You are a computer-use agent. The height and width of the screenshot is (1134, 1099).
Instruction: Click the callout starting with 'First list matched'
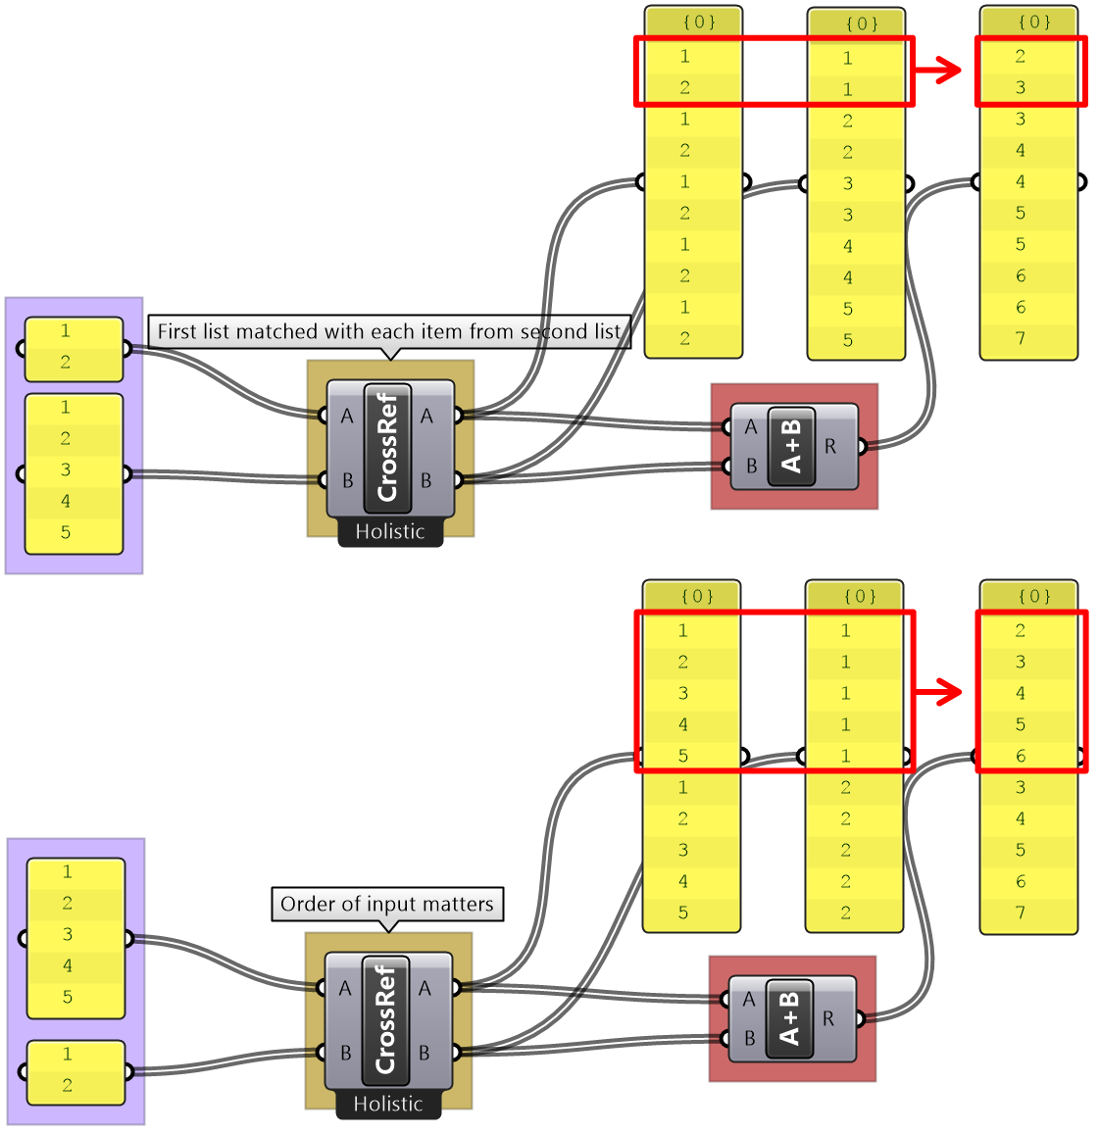pyautogui.click(x=388, y=331)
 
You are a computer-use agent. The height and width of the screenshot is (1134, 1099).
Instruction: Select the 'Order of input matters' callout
pyautogui.click(x=387, y=904)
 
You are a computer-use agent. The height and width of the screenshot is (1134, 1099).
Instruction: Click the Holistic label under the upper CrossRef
pyautogui.click(x=390, y=531)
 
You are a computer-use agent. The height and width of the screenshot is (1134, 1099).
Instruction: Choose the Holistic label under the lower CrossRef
pyautogui.click(x=388, y=1104)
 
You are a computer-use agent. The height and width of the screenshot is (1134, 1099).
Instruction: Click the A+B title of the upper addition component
pyautogui.click(x=792, y=446)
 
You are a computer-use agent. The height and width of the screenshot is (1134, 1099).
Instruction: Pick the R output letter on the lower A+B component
pyautogui.click(x=828, y=1019)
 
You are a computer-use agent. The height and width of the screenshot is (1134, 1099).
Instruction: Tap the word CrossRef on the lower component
pyautogui.click(x=384, y=1019)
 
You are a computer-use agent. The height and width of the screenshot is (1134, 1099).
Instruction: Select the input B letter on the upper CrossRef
pyautogui.click(x=347, y=480)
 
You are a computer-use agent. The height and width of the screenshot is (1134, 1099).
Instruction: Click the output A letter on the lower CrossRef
pyautogui.click(x=425, y=988)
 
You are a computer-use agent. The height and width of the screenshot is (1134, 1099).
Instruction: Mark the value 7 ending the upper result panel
pyautogui.click(x=1021, y=338)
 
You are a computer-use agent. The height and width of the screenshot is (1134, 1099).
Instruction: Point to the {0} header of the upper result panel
pyautogui.click(x=1034, y=22)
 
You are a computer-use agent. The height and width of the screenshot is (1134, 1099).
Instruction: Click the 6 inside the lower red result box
pyautogui.click(x=1021, y=756)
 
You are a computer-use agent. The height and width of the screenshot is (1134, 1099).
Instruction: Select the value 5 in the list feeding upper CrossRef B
pyautogui.click(x=66, y=532)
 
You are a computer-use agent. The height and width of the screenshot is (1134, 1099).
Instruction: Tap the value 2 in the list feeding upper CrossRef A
pyautogui.click(x=66, y=362)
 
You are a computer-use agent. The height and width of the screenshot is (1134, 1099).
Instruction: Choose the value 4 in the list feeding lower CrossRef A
pyautogui.click(x=68, y=965)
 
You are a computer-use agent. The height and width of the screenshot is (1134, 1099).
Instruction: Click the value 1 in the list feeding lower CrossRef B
pyautogui.click(x=68, y=1054)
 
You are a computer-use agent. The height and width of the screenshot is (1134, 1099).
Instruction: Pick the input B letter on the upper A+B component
pyautogui.click(x=751, y=467)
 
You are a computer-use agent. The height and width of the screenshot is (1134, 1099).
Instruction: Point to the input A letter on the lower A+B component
pyautogui.click(x=749, y=999)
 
